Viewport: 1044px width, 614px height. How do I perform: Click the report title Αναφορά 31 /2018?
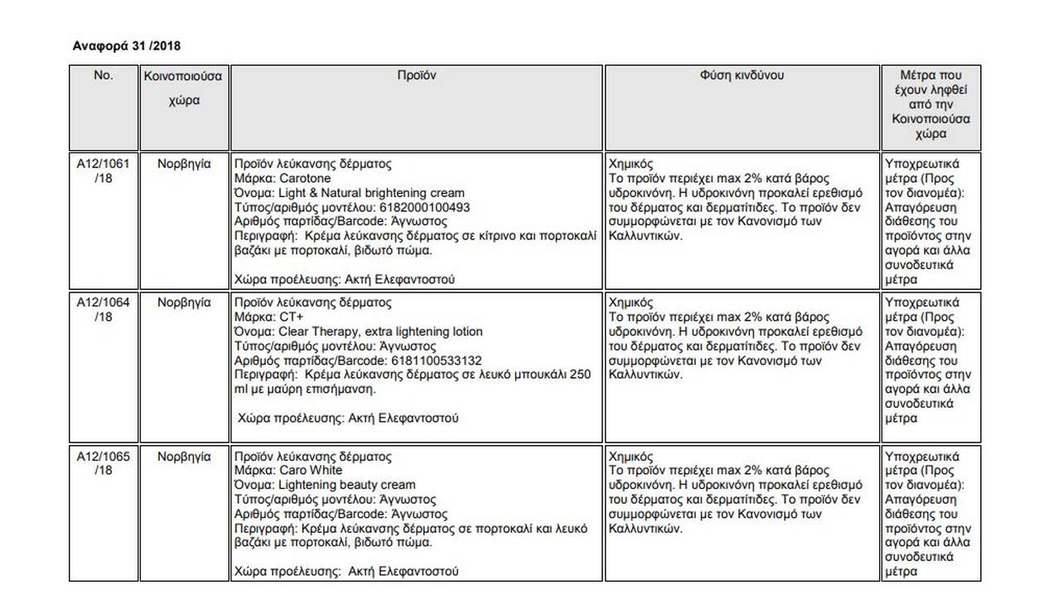pyautogui.click(x=127, y=46)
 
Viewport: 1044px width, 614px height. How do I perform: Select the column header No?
pyautogui.click(x=103, y=75)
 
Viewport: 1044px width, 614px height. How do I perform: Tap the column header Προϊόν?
pyautogui.click(x=416, y=75)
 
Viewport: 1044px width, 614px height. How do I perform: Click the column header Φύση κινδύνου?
pyautogui.click(x=742, y=75)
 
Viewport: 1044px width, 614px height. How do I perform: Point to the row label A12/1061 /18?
pyautogui.click(x=103, y=171)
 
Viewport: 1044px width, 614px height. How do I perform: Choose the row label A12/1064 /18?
pyautogui.click(x=103, y=309)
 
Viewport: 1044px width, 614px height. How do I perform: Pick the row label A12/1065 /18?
pyautogui.click(x=103, y=463)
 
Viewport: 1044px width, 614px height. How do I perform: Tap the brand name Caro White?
pyautogui.click(x=312, y=471)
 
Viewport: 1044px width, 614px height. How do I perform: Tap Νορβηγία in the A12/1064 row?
pyautogui.click(x=184, y=302)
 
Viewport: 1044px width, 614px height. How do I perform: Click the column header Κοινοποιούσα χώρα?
pyautogui.click(x=183, y=88)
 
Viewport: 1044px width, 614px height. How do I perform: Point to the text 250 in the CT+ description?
pyautogui.click(x=581, y=375)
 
